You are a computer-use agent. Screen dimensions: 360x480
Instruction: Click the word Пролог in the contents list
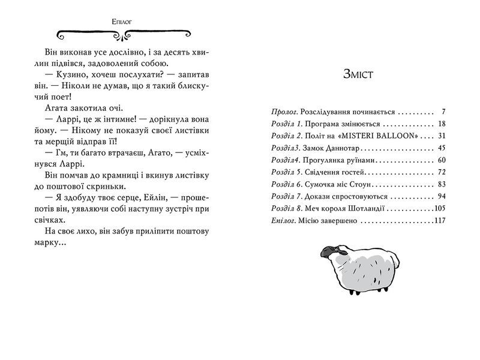tap(277, 112)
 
